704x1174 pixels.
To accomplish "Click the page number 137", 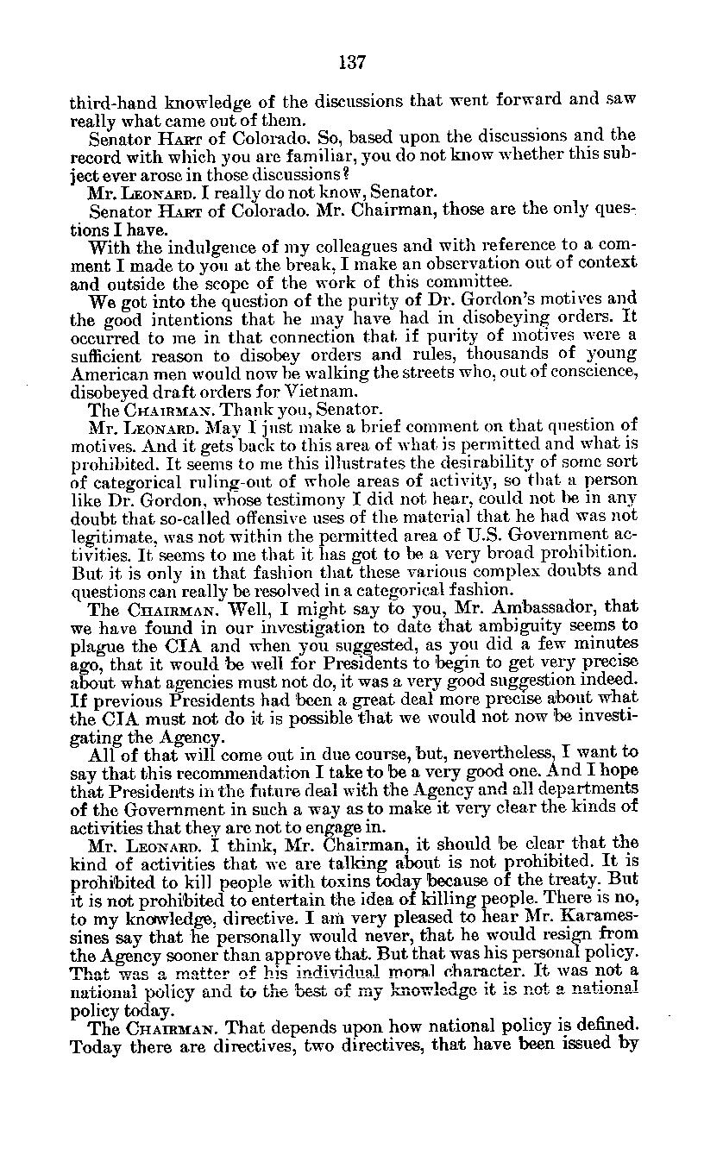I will [x=353, y=62].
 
